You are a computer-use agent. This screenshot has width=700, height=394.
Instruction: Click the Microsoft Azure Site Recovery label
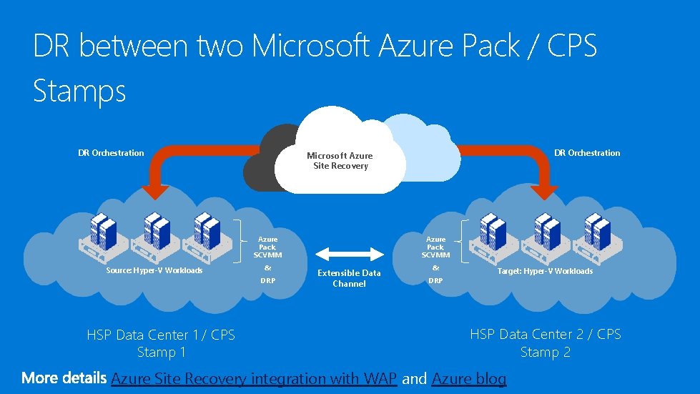pyautogui.click(x=340, y=161)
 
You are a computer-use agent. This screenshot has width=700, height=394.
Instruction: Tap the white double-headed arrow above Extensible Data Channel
pyautogui.click(x=350, y=253)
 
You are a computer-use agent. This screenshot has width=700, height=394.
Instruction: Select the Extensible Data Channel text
pyautogui.click(x=349, y=278)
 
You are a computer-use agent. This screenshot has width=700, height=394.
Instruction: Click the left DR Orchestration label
pyautogui.click(x=111, y=153)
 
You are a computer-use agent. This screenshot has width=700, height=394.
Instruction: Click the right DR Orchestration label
pyautogui.click(x=587, y=153)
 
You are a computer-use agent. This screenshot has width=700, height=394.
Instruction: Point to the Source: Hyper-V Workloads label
pyautogui.click(x=154, y=270)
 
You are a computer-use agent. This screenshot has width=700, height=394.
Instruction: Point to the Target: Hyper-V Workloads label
pyautogui.click(x=545, y=271)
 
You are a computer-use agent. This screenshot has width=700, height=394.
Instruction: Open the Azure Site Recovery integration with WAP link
pyautogui.click(x=254, y=378)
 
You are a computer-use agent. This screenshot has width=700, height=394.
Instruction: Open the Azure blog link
pyautogui.click(x=469, y=378)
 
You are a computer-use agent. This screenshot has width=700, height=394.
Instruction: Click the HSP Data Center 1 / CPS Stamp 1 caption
pyautogui.click(x=161, y=343)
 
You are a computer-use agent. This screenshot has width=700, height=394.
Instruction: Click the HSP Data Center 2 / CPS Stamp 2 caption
pyautogui.click(x=546, y=343)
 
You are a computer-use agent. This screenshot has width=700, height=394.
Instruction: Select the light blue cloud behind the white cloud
pyautogui.click(x=429, y=147)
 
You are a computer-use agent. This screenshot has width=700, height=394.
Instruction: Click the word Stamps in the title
pyautogui.click(x=79, y=92)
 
